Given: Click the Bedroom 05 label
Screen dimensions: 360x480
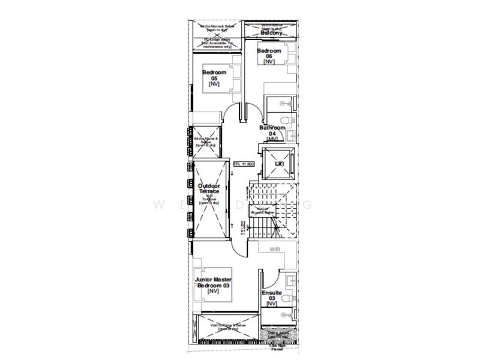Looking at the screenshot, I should click(x=214, y=78).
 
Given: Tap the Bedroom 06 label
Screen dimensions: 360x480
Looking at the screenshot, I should click(x=269, y=56).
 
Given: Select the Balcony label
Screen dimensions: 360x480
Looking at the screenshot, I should click(x=271, y=32).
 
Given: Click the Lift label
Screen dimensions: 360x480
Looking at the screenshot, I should click(x=279, y=163).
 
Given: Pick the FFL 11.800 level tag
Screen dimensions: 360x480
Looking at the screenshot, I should click(x=244, y=163).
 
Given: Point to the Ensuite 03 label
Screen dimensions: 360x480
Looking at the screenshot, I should click(x=271, y=297).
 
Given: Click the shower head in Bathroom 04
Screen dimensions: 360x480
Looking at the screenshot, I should click(x=290, y=104).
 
